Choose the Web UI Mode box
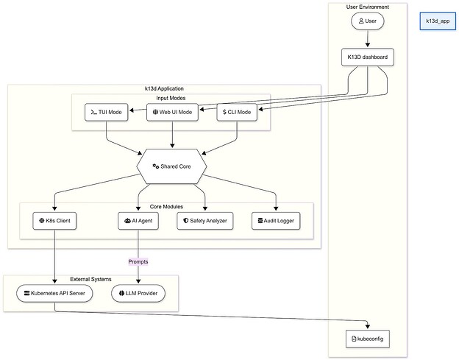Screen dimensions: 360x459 [x=172, y=113]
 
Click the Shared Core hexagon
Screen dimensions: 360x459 [x=172, y=166]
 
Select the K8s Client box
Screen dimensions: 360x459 [x=55, y=219]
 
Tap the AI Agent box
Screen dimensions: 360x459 [x=138, y=219]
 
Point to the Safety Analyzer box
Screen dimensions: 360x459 [x=205, y=219]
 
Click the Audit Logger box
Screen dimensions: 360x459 [x=276, y=219]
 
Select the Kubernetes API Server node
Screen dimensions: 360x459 [x=55, y=293]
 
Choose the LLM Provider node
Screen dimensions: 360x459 [x=138, y=293]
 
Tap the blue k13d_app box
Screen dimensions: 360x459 [x=437, y=21]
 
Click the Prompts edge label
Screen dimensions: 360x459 [x=138, y=261]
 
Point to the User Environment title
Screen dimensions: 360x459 [x=367, y=7]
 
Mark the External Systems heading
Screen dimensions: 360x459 [x=90, y=279]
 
